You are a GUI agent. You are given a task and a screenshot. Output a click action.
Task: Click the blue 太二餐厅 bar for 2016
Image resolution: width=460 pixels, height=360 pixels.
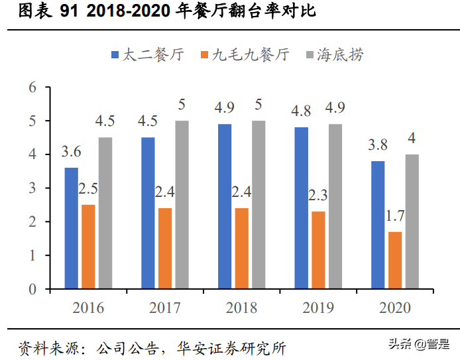pyautogui.click(x=71, y=228)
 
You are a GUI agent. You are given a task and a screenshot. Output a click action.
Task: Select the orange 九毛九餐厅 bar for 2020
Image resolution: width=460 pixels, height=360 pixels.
pyautogui.click(x=395, y=260)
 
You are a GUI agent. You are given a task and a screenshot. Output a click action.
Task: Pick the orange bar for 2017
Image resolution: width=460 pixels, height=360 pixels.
pyautogui.click(x=165, y=248)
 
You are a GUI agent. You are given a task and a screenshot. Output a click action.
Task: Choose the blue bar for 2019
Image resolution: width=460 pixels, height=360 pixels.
pyautogui.click(x=301, y=208)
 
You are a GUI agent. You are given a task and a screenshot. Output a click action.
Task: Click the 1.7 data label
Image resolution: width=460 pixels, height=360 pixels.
pyautogui.click(x=395, y=216)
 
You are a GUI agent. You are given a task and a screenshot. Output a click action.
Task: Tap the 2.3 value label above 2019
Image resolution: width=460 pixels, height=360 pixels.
pyautogui.click(x=318, y=196)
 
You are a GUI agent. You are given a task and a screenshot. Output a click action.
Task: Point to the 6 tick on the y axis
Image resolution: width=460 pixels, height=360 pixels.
pyautogui.click(x=31, y=88)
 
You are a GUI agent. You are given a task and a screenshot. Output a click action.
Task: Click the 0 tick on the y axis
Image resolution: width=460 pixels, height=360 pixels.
pyautogui.click(x=31, y=289)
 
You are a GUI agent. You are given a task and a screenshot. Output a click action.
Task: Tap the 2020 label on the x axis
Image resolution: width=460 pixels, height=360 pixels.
pyautogui.click(x=395, y=309)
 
